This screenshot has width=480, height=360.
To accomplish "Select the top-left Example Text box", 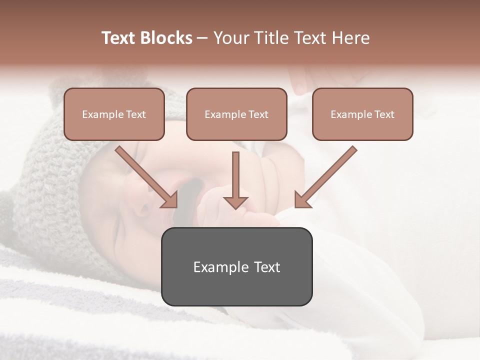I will pos(114,114).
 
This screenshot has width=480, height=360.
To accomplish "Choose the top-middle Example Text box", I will pos(236,114).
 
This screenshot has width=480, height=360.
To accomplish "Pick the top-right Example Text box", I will pos(362,114).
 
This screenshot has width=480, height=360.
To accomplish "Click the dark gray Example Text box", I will pos(236,267).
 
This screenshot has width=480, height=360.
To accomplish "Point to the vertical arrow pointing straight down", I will pos(235,180).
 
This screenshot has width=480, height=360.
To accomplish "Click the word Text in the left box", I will pos(135,114).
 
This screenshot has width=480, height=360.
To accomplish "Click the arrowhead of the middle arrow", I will pos(235,202).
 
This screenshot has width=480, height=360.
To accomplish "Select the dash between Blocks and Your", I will pos(202,38).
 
